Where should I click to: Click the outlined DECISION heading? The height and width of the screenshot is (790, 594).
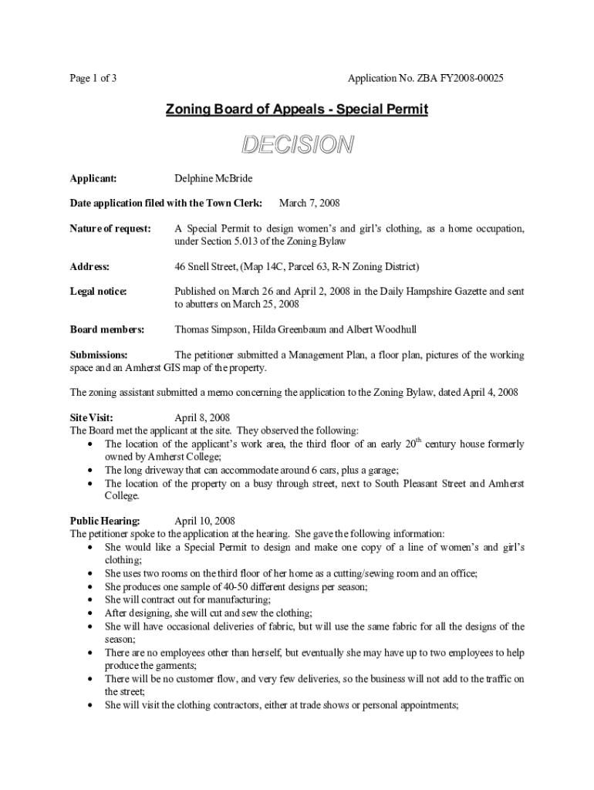pos(297,144)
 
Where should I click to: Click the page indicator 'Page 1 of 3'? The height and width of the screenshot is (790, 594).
pos(93,79)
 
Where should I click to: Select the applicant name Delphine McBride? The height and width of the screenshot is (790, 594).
pos(214,178)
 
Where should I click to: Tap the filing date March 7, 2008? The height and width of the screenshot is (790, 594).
pos(309,203)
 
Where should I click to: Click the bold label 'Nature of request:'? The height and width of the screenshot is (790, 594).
pos(110,228)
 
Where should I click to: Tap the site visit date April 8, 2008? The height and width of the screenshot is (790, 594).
pos(202,418)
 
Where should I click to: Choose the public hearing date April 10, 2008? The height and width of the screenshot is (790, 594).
pos(205,521)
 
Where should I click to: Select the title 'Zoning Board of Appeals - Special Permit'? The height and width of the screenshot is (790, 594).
pos(297,110)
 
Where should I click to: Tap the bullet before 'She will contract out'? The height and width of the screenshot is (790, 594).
pos(93,599)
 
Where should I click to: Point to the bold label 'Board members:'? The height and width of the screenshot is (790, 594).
pos(107,329)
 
